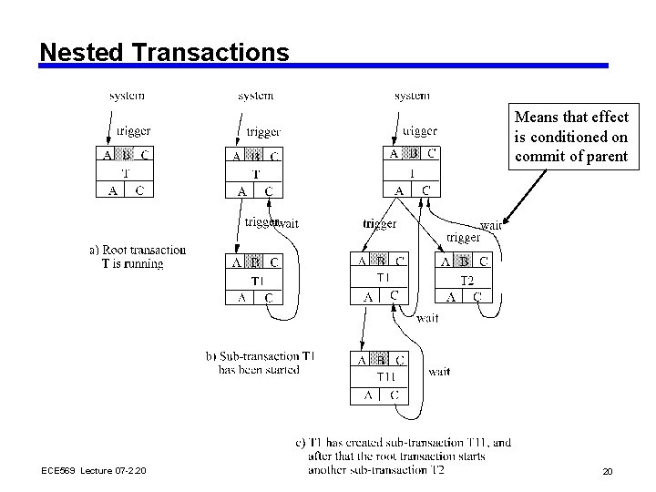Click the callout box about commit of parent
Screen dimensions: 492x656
tap(570, 137)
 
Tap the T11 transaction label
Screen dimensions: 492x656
tap(386, 376)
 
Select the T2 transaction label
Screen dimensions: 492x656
tap(466, 279)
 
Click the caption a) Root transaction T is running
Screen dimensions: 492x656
tap(138, 257)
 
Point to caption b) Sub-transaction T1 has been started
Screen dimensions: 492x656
tap(260, 362)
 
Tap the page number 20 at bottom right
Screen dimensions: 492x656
tap(607, 471)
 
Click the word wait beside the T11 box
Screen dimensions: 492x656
tap(439, 372)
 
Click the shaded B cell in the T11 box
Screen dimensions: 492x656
tap(380, 360)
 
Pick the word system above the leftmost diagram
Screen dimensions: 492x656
tap(127, 95)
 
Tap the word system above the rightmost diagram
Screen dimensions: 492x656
tap(412, 95)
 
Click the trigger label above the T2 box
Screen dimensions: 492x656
tap(463, 238)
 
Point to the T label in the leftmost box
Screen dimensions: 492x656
tap(125, 173)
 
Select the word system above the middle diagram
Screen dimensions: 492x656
tap(255, 95)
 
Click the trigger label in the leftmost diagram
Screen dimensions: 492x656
tap(133, 131)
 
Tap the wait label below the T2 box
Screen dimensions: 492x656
tap(427, 318)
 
